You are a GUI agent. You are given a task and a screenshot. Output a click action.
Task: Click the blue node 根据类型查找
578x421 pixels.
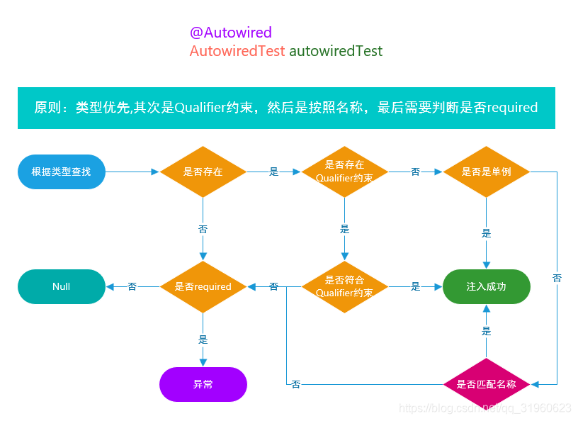click(x=61, y=172)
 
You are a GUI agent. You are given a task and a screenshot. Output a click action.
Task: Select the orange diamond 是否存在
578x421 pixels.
click(x=203, y=172)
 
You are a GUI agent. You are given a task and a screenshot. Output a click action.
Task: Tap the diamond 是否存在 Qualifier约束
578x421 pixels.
click(x=344, y=172)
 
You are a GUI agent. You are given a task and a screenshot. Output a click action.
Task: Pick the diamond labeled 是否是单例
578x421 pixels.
click(x=486, y=172)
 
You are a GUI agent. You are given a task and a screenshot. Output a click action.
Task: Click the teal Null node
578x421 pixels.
click(x=61, y=286)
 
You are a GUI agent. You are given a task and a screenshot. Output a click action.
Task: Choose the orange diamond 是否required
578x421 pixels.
click(x=203, y=286)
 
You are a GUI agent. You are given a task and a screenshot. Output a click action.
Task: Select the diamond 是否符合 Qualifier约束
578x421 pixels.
click(x=344, y=286)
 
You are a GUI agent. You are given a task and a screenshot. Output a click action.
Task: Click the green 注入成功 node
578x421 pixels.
click(x=486, y=286)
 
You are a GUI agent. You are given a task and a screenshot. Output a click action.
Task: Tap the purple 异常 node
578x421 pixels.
click(x=203, y=384)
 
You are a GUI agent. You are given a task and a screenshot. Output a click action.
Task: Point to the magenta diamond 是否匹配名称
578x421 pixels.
click(x=486, y=384)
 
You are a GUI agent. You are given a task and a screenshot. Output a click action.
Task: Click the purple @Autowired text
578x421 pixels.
click(x=231, y=33)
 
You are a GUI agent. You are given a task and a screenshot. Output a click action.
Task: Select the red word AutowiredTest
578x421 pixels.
click(x=237, y=51)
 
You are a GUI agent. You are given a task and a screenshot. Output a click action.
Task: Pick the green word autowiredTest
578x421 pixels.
click(x=336, y=51)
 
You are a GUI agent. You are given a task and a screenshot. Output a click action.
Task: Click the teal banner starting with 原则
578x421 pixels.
click(x=286, y=108)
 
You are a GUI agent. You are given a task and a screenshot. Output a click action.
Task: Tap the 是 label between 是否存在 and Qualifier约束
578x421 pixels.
click(x=274, y=172)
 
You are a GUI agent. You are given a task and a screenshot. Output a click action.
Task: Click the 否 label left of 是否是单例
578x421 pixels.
click(x=416, y=172)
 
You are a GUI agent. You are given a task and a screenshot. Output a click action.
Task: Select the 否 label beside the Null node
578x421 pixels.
click(x=132, y=286)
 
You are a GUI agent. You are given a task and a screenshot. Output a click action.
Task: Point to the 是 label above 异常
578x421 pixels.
click(x=203, y=339)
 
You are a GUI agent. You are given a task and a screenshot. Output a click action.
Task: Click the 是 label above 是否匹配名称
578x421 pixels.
click(x=487, y=331)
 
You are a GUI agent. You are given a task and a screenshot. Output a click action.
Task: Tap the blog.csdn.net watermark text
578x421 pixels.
click(x=485, y=408)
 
